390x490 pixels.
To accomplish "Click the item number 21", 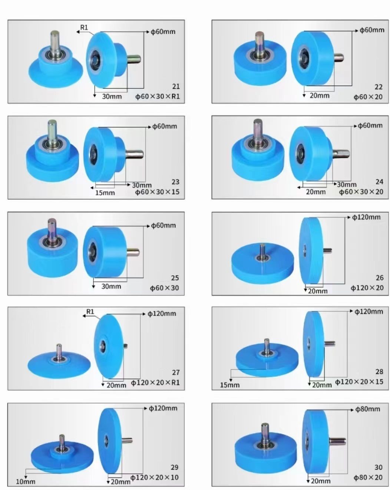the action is pyautogui.click(x=176, y=86).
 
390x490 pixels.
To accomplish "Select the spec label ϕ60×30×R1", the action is pyautogui.click(x=158, y=96).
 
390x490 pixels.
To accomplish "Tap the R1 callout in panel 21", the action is pyautogui.click(x=84, y=27).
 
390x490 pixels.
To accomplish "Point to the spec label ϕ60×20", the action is pyautogui.click(x=368, y=97).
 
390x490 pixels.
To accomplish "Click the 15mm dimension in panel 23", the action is pyautogui.click(x=105, y=193).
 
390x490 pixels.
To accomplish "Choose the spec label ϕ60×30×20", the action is pyautogui.click(x=361, y=192).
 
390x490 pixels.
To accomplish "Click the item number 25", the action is pyautogui.click(x=175, y=278).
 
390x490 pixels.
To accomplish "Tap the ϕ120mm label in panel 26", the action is pyautogui.click(x=366, y=217).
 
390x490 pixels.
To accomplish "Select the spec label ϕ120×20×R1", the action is pyautogui.click(x=155, y=382).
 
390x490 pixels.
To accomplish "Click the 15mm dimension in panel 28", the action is pyautogui.click(x=229, y=385).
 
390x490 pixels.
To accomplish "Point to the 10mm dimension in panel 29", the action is pyautogui.click(x=26, y=481).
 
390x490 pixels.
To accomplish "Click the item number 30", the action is pyautogui.click(x=379, y=467).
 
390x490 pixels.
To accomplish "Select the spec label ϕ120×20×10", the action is pyautogui.click(x=155, y=477).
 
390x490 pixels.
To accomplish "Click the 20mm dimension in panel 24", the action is pyautogui.click(x=315, y=192).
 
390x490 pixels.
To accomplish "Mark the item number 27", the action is pyautogui.click(x=176, y=372).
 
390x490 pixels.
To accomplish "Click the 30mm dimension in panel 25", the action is pyautogui.click(x=111, y=286).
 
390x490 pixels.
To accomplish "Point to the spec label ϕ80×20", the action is pyautogui.click(x=368, y=477).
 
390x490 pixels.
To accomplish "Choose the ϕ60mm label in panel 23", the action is pyautogui.click(x=165, y=126).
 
